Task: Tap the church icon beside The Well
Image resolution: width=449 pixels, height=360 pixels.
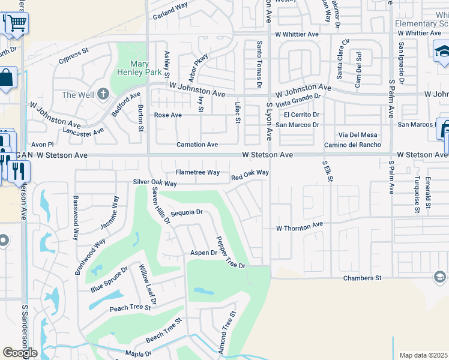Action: point(103,94)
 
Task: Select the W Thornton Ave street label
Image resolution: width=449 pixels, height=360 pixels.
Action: point(300,228)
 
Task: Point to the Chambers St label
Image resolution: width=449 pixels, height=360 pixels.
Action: point(363,278)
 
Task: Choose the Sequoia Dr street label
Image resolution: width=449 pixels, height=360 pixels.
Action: point(187,212)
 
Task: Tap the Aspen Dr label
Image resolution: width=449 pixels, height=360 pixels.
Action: point(203,253)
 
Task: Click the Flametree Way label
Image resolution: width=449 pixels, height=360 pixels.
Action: point(197,172)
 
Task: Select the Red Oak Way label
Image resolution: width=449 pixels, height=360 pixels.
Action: point(250,175)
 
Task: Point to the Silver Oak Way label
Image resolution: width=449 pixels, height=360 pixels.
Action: point(155,183)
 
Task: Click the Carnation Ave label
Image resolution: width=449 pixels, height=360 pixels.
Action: point(197,145)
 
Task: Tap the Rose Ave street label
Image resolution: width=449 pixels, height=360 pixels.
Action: point(168,115)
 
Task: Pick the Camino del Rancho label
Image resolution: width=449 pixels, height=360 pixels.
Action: point(352,145)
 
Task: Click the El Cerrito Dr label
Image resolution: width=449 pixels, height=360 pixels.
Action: point(301,115)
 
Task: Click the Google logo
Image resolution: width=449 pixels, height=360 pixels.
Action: point(20,353)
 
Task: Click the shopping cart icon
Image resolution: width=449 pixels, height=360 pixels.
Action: point(17,23)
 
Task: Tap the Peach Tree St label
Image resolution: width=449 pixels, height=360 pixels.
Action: point(130,308)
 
